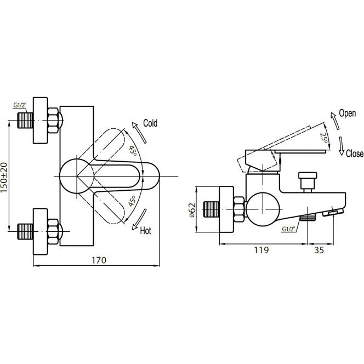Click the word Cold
(x=150, y=123)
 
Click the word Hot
(x=146, y=231)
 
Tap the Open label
(x=348, y=113)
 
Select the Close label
(x=355, y=153)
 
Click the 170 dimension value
(x=99, y=260)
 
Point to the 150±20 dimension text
(x=4, y=178)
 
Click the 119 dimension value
(x=261, y=250)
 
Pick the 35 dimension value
(x=319, y=250)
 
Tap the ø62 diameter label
(x=192, y=210)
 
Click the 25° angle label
(x=324, y=138)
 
